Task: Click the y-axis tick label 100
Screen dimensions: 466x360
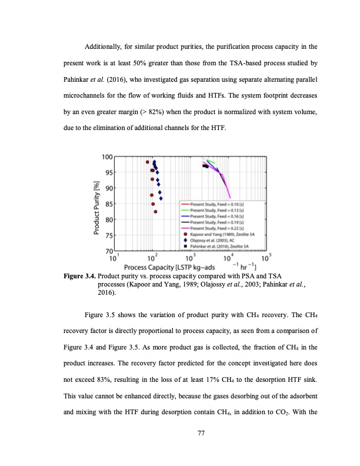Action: click(x=106, y=157)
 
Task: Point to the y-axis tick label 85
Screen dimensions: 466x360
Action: click(x=108, y=204)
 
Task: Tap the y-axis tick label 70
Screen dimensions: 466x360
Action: click(x=108, y=252)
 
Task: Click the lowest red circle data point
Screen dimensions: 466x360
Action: click(x=155, y=212)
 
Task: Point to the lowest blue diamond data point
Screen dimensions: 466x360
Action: click(x=161, y=198)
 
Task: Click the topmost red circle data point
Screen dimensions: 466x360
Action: click(x=148, y=162)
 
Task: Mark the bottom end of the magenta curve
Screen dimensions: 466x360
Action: click(x=230, y=198)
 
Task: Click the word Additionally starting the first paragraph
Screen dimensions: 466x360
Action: click(x=106, y=46)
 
